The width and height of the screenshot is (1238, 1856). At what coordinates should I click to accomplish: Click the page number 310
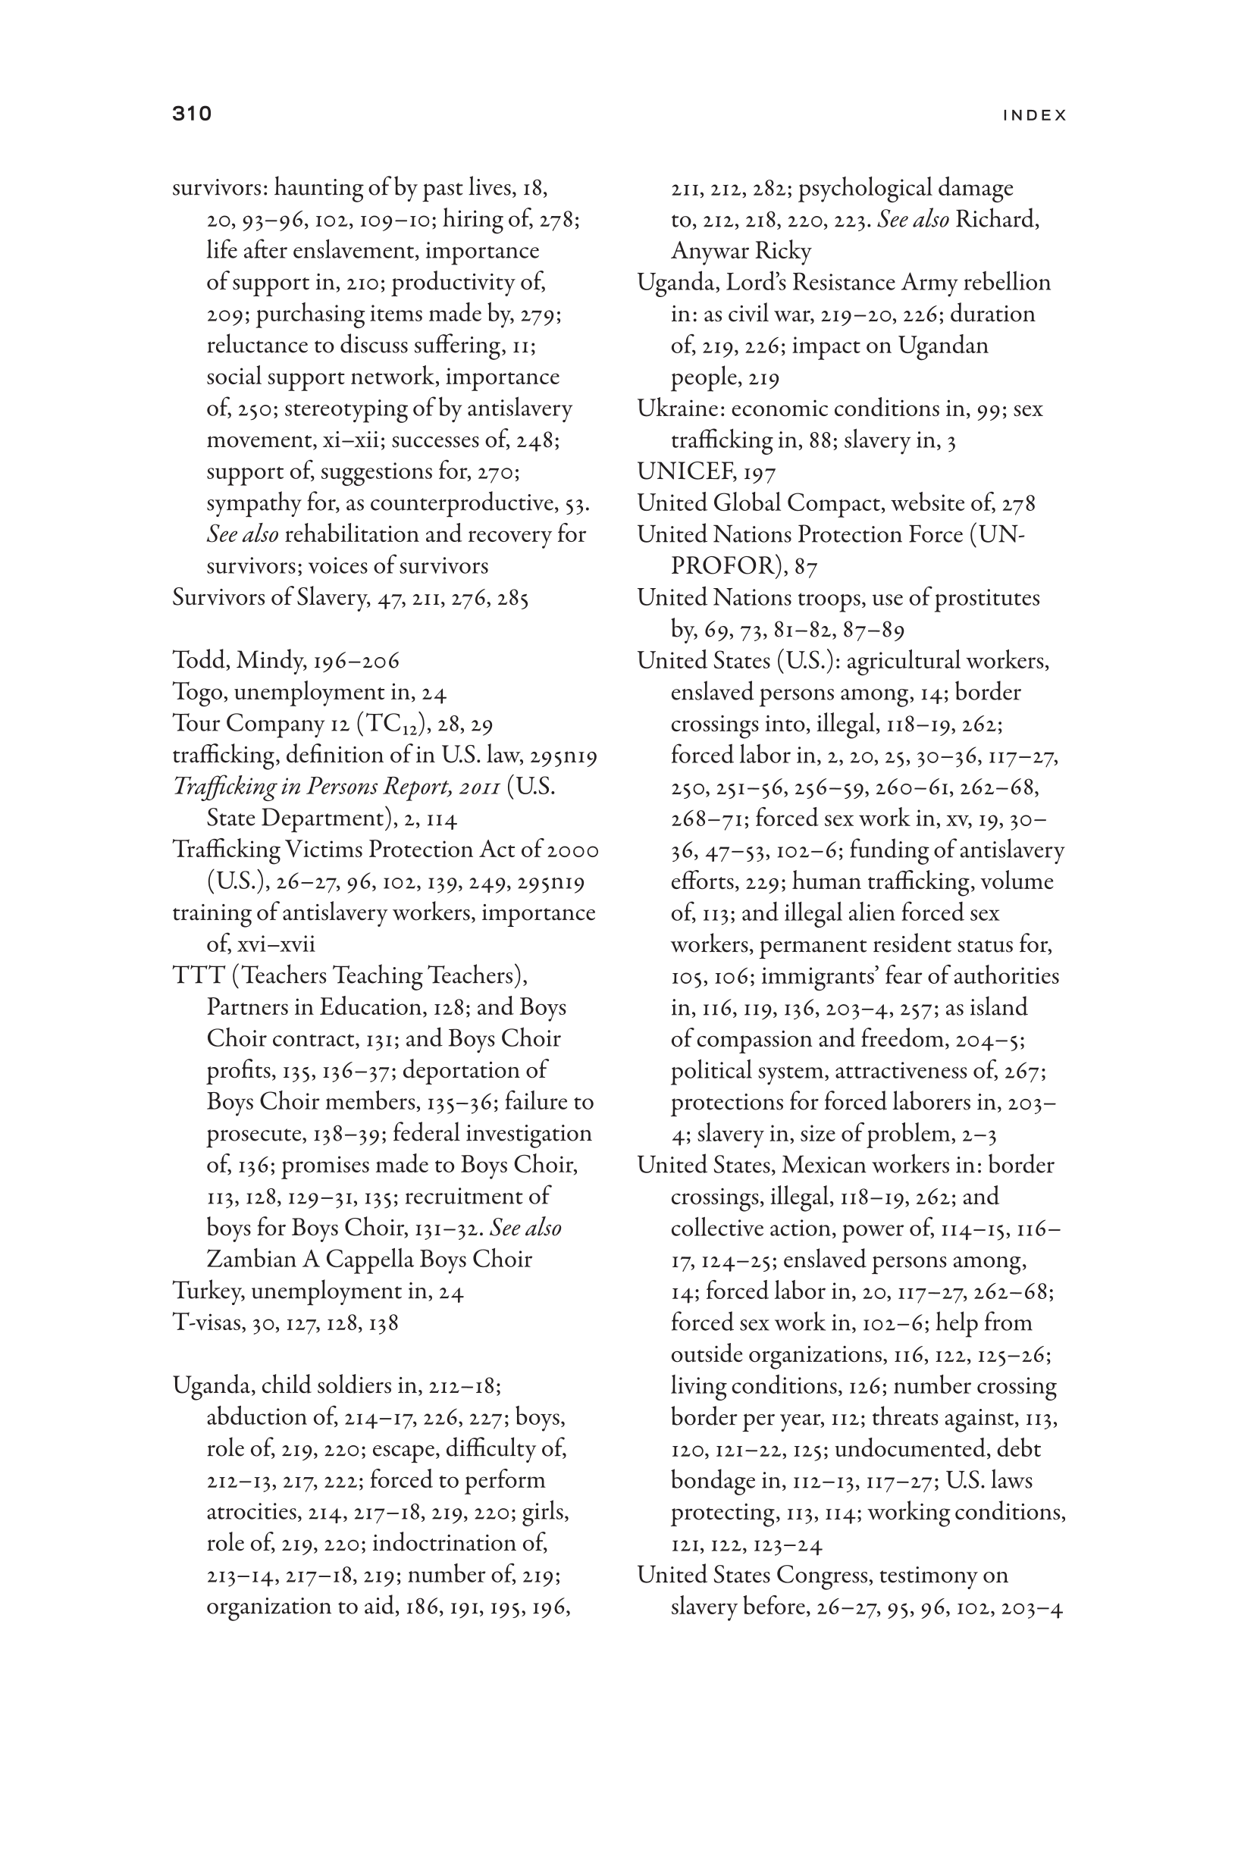(192, 114)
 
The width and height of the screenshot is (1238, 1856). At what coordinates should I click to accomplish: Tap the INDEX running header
(1034, 115)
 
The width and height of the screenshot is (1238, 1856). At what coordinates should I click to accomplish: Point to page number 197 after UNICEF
(759, 473)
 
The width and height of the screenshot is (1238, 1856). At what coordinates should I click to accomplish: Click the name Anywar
(701, 251)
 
